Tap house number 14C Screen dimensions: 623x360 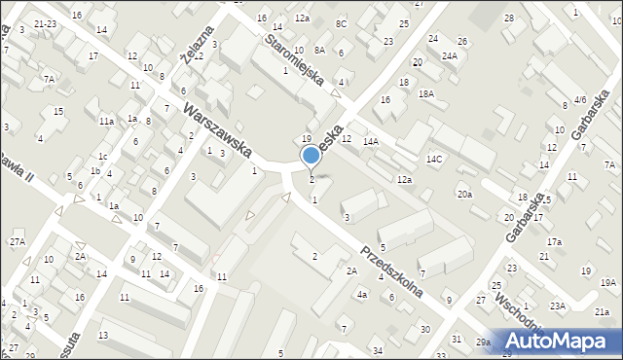pyautogui.click(x=434, y=159)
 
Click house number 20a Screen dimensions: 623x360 pyautogui.click(x=465, y=195)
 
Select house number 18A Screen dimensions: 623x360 pyautogui.click(x=425, y=93)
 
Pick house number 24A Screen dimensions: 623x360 pyautogui.click(x=449, y=56)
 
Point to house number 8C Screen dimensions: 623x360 pyautogui.click(x=341, y=23)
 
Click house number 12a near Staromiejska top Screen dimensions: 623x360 pyautogui.click(x=303, y=18)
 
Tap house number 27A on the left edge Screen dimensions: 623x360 pyautogui.click(x=18, y=241)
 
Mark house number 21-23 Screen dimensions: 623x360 pyautogui.click(x=44, y=22)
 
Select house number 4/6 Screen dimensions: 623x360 pyautogui.click(x=580, y=99)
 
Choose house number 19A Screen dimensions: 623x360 pyautogui.click(x=608, y=282)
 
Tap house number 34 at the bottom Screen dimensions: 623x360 pyautogui.click(x=378, y=350)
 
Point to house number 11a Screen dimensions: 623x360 pyautogui.click(x=106, y=121)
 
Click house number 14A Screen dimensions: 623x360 pyautogui.click(x=371, y=142)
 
